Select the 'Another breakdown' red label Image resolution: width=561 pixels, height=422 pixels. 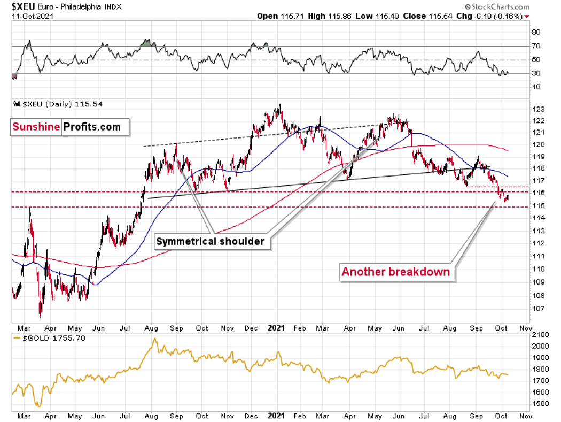396,272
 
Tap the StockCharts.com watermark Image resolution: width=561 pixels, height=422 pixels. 497,7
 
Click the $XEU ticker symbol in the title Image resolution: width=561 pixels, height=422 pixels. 24,6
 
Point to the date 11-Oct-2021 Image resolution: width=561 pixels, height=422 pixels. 33,17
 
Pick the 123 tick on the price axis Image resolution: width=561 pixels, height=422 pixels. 539,109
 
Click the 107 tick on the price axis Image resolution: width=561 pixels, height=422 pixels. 539,309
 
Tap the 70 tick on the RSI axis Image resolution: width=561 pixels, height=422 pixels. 536,46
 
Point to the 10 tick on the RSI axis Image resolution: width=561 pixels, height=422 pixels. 536,87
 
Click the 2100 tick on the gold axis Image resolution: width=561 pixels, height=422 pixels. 541,335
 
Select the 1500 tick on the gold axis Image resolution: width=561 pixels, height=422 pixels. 541,404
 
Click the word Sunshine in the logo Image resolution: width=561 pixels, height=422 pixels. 36,127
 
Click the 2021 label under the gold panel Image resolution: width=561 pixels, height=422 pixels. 277,416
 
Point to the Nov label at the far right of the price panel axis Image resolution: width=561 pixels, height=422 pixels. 526,328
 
